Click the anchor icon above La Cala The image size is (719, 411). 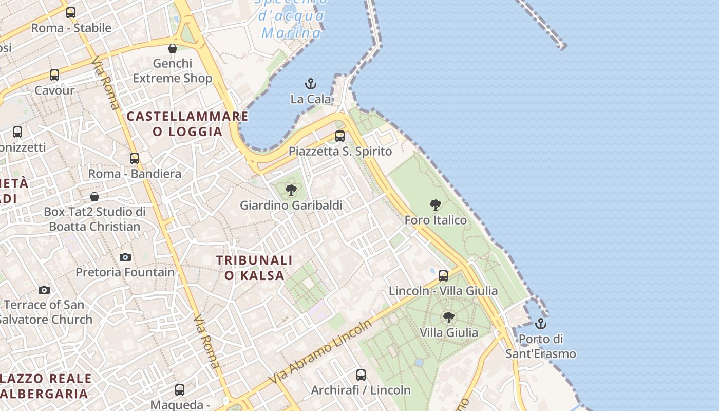(x=311, y=84)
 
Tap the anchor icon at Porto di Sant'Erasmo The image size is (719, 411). (x=540, y=324)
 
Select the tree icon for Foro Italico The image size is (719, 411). (x=436, y=206)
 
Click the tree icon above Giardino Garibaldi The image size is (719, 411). (x=291, y=190)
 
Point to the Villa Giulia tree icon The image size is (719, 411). (x=449, y=317)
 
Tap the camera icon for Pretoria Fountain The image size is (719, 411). (x=125, y=257)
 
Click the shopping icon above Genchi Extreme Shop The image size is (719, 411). (x=173, y=48)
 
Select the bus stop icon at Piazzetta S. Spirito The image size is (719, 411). (x=340, y=136)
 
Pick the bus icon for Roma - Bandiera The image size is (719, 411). (x=135, y=159)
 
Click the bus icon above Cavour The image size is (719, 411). (x=54, y=75)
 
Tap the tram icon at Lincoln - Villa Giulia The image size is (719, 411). (x=443, y=276)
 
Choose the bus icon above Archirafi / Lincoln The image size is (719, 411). (x=361, y=375)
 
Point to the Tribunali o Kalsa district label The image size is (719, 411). (x=254, y=268)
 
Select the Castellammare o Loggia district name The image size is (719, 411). (x=187, y=124)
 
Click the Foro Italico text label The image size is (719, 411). (x=436, y=220)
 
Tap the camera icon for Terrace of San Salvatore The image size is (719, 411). (x=44, y=290)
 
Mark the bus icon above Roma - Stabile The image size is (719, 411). (x=71, y=13)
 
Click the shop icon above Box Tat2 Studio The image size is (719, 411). (x=94, y=197)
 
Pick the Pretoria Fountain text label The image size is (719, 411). (x=125, y=272)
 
